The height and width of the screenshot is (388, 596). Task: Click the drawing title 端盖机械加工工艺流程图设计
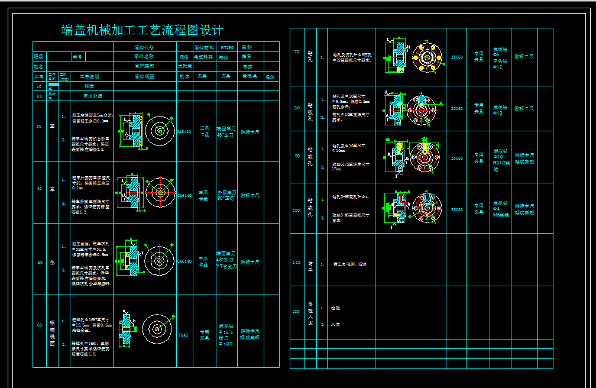(142, 30)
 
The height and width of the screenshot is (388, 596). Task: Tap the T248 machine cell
(184, 335)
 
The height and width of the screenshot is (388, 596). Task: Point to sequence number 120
(297, 311)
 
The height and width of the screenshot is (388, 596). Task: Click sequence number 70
(297, 51)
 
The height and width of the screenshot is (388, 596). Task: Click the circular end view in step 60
(157, 328)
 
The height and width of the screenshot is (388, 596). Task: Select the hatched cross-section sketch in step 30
(131, 129)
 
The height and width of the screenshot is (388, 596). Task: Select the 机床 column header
(184, 76)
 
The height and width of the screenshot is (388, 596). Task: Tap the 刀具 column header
(226, 76)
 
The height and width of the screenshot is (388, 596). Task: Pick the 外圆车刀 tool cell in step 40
(226, 196)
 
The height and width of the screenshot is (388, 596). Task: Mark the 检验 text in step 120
(336, 308)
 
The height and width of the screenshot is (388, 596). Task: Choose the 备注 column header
(270, 76)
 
